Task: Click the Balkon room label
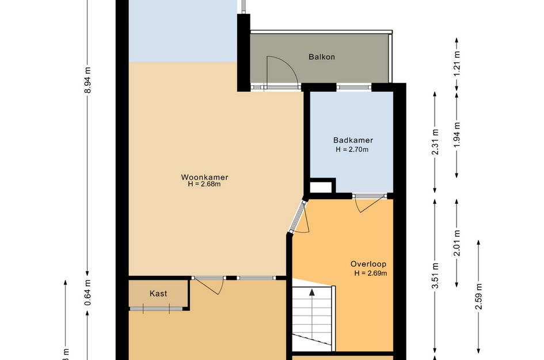pyautogui.click(x=321, y=57)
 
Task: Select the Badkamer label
pyautogui.click(x=353, y=140)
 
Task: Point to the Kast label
pyautogui.click(x=158, y=293)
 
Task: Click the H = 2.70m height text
pyautogui.click(x=352, y=149)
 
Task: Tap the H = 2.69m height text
pyautogui.click(x=370, y=273)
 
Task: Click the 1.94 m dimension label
pyautogui.click(x=457, y=134)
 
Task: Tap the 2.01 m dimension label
pyautogui.click(x=457, y=243)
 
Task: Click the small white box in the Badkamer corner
pyautogui.click(x=321, y=187)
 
